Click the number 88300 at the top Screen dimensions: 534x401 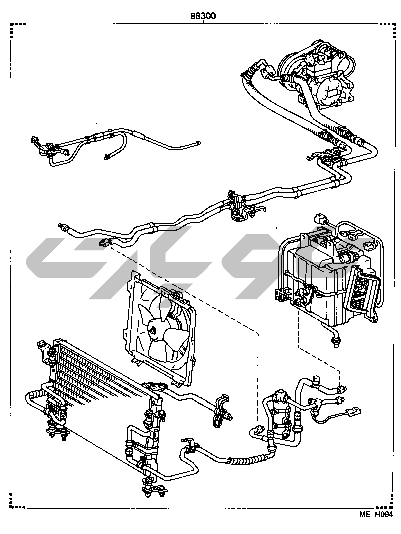point(203,16)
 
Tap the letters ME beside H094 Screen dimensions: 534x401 point(363,514)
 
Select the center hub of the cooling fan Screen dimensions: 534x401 point(153,330)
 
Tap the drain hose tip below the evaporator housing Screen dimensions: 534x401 point(334,342)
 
